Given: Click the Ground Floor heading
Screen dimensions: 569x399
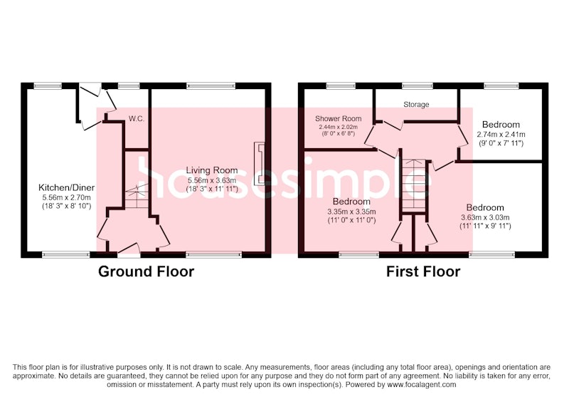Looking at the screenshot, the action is point(146,271).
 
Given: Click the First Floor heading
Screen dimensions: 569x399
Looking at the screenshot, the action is point(423,271).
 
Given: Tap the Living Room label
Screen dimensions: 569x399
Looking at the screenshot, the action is point(212,170).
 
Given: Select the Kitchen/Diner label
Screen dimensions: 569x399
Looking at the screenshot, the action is point(66,188).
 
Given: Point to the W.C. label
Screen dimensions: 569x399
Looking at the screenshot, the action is point(137,119).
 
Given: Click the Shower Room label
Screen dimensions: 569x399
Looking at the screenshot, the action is point(339,119).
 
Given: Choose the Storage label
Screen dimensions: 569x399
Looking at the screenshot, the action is point(416,105).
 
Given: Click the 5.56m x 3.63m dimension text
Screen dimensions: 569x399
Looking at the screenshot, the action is point(212,180).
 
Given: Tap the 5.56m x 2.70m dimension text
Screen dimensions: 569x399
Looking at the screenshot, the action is point(66,198).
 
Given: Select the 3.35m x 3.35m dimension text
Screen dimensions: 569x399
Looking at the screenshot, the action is point(351,212).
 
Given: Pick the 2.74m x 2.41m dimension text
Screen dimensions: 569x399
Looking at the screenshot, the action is point(501,135).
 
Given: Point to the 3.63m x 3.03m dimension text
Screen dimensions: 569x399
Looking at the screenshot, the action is point(485,218).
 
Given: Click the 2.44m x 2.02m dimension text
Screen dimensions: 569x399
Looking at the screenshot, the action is point(339,128).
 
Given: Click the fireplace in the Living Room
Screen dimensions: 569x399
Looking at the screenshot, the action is point(260,164).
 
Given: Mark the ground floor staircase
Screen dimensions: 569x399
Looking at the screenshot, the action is point(137,196).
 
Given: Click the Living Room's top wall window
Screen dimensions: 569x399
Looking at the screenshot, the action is point(211,86).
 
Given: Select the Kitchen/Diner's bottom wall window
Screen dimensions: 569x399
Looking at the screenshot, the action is point(66,255).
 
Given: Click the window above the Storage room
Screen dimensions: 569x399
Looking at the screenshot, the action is point(418,86).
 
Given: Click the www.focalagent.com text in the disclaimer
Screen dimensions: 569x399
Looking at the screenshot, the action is point(422,385).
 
